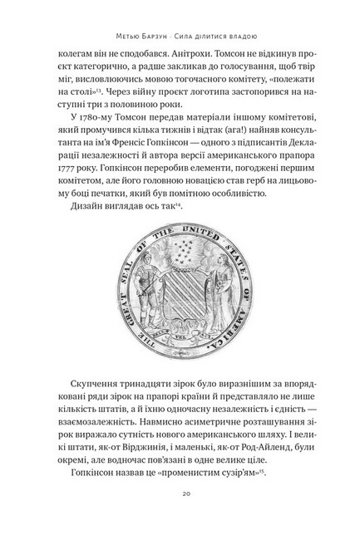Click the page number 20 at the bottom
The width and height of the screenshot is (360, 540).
(180, 493)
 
